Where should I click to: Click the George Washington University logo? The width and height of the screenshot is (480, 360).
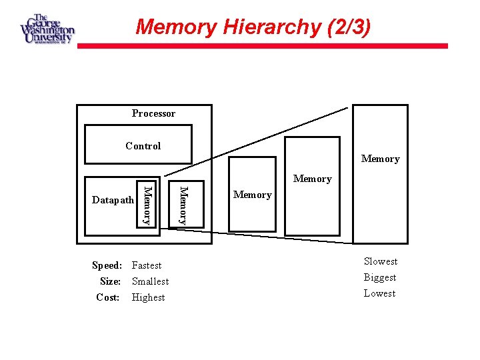coord(47,29)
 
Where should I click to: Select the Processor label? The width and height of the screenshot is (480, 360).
coord(153,113)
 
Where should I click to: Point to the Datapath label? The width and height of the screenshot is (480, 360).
coord(113,201)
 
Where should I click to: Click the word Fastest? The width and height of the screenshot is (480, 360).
coord(147,265)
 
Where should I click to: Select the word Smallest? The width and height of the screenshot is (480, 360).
coord(151,281)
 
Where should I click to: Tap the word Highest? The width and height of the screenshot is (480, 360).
coord(149,297)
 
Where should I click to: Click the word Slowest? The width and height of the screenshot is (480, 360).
coord(381,261)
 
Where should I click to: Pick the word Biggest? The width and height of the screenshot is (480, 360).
coord(380,277)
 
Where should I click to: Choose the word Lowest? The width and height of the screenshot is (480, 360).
coord(380,293)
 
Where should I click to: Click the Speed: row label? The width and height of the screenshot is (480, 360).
coord(107,265)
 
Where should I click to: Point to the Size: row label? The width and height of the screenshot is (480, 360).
coord(110,281)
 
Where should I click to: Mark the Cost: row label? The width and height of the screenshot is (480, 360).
coord(108,297)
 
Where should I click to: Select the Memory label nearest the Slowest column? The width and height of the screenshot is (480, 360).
coord(380,159)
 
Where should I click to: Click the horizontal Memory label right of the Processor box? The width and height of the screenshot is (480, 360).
coord(253,195)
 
